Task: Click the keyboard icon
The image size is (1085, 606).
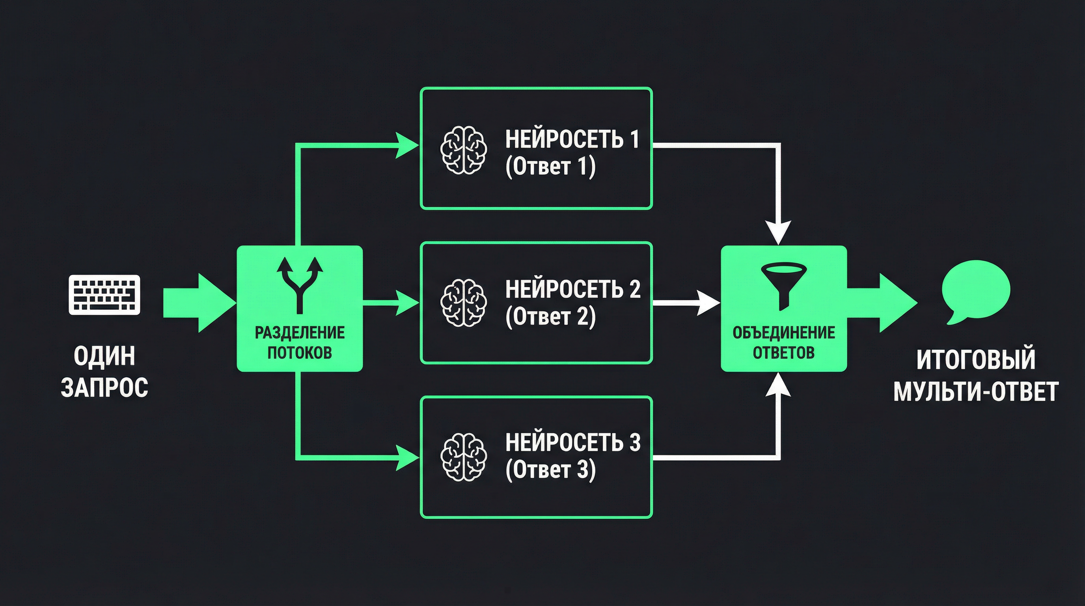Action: pyautogui.click(x=104, y=295)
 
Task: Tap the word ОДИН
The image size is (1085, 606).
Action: pyautogui.click(x=104, y=356)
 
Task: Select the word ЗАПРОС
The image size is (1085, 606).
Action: pyautogui.click(x=104, y=388)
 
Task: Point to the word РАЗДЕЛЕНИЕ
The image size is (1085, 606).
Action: pyautogui.click(x=300, y=333)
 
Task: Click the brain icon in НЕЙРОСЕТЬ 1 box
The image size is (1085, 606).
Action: pyautogui.click(x=463, y=150)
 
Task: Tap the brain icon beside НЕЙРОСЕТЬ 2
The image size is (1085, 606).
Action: pyautogui.click(x=463, y=303)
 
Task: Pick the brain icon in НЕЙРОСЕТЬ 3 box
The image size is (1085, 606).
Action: pyautogui.click(x=463, y=457)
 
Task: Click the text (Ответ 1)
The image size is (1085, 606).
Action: pyautogui.click(x=550, y=166)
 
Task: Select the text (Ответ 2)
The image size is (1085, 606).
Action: pyautogui.click(x=550, y=316)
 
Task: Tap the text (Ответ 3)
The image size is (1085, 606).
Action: pyautogui.click(x=550, y=469)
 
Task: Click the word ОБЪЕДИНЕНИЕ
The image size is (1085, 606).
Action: pyautogui.click(x=783, y=333)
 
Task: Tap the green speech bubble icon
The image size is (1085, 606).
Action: pyautogui.click(x=975, y=292)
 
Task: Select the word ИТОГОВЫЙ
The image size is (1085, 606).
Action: pyautogui.click(x=975, y=359)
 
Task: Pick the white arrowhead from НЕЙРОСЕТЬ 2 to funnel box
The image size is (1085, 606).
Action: pyautogui.click(x=708, y=303)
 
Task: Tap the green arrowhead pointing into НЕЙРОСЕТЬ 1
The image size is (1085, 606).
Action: pyautogui.click(x=406, y=146)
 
